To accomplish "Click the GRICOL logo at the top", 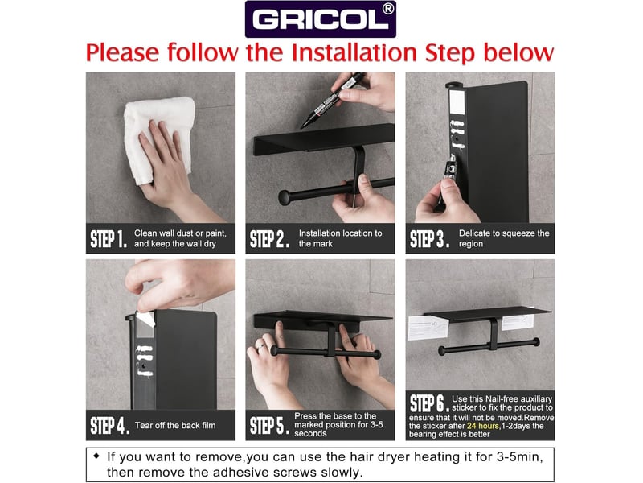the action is coord(320,19).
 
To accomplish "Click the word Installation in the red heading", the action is coord(354,53).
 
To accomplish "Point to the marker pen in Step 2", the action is coord(333,100).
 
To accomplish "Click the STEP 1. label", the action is coord(109,238).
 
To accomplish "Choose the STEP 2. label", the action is coord(269,238).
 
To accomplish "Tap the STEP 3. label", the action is coord(429,238).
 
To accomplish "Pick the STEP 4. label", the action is coord(109,425).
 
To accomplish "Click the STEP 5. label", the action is coord(269,425).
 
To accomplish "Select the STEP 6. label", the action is coord(429,403).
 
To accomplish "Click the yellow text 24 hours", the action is coord(483,426).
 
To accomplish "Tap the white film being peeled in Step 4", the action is coord(145,319).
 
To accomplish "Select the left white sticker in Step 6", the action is coord(428,328).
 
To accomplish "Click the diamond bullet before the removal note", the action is coord(96,456).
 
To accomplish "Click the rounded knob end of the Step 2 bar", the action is coord(286,198).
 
